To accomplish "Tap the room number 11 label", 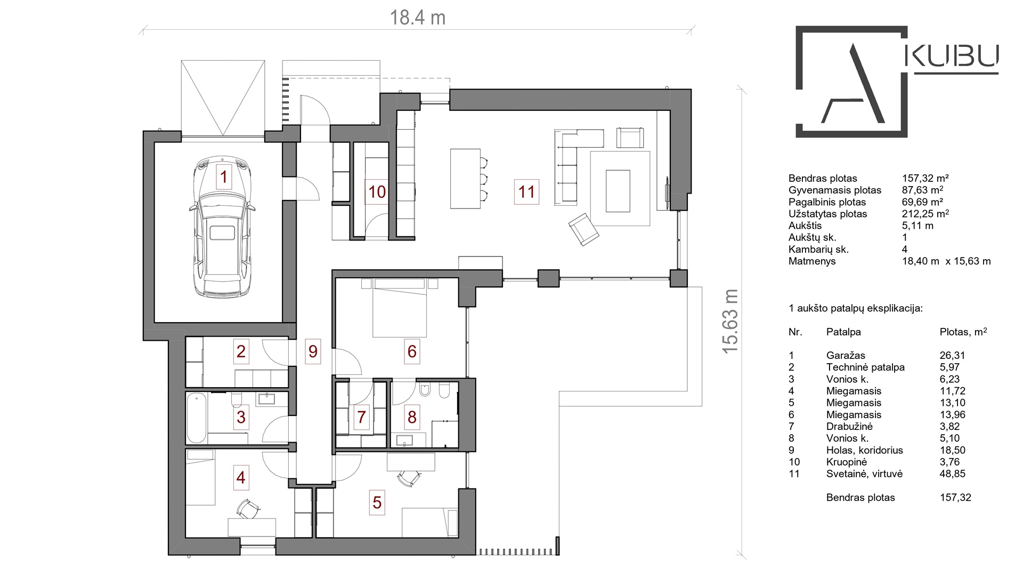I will (526, 192).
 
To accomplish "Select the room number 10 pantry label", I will (377, 192).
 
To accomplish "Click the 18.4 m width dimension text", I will (417, 18).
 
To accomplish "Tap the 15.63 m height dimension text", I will (730, 321).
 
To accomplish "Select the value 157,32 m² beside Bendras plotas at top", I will (925, 178).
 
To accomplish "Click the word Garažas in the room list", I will (846, 355).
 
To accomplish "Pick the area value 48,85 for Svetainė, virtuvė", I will (952, 474).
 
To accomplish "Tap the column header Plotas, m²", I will (963, 332).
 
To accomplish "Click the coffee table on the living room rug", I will (618, 191).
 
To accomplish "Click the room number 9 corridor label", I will (313, 351).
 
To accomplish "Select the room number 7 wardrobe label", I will (361, 417).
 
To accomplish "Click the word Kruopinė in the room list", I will (846, 462).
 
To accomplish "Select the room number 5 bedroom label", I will (377, 502).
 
